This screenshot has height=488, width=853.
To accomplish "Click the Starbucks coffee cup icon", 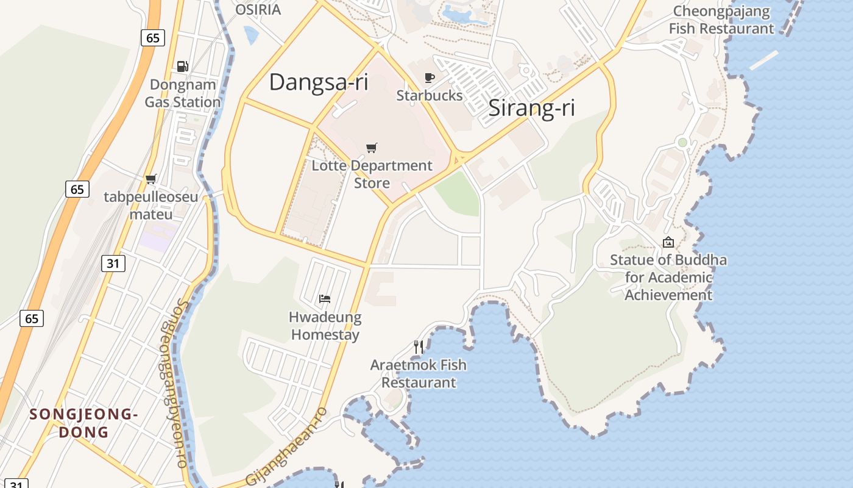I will pos(430,77).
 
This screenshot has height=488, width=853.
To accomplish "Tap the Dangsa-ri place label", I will pos(319,82).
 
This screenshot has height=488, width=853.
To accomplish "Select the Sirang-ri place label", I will pos(531,108).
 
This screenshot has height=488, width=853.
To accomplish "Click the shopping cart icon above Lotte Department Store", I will pos(371,148).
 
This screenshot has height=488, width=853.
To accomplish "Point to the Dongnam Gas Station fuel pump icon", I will pos(182,66).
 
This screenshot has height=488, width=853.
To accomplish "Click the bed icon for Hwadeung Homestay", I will pos(325,298).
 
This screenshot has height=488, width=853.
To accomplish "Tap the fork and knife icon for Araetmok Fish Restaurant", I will pos(419,347).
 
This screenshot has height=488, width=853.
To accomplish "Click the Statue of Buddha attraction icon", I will pos(668,242).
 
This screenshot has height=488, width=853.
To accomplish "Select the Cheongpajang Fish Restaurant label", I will pos(721,20).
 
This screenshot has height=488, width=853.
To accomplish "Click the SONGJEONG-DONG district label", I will pos(83,423).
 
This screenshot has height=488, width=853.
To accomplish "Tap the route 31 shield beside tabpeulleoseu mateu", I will pos(113,263).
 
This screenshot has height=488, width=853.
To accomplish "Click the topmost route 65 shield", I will pos(152,38).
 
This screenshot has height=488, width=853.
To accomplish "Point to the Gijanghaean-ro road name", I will pos(286,447).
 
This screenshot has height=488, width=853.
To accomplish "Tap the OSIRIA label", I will pos(258,10).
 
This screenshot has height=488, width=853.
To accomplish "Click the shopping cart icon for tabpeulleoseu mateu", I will pos(150,179).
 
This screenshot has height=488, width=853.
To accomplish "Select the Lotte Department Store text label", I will pos(372,174).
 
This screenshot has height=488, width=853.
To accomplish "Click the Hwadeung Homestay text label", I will pos(325,326).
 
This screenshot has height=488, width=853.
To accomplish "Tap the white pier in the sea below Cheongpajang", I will pos(763,60).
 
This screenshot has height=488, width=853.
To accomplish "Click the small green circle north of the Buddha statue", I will pos(682,142).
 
